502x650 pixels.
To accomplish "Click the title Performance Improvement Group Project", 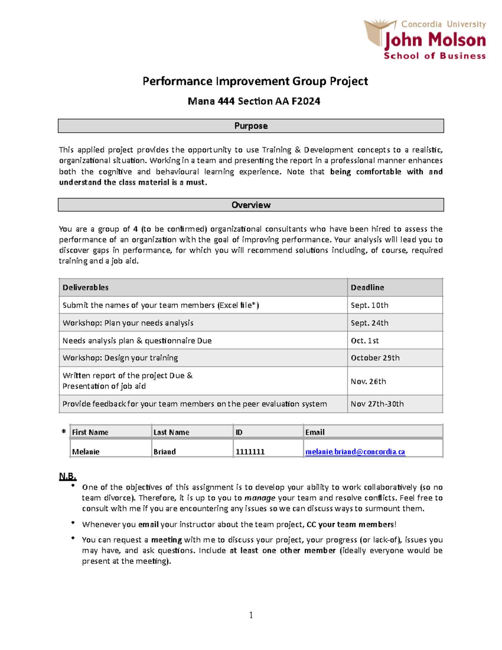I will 255,81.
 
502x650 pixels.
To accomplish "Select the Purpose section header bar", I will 251,126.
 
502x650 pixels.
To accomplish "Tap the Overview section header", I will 251,205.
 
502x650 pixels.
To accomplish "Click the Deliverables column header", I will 85,288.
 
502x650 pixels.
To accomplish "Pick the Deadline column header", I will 367,288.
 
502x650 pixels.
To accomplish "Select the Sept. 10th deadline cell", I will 369,305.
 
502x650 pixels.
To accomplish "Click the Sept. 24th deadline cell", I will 369,323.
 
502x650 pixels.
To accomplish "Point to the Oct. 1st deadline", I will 365,341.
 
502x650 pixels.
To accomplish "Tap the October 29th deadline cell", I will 375,358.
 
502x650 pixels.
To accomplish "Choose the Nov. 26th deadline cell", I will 368,381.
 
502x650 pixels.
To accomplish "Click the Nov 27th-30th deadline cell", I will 377,404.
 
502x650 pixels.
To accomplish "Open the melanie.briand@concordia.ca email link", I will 355,452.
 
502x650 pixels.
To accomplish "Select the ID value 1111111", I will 250,452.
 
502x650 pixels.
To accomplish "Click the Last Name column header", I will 171,432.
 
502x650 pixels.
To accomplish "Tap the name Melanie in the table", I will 86,452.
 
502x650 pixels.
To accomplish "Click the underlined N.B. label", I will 67,476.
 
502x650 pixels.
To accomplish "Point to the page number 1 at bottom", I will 251,615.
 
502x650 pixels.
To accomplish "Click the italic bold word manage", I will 259,498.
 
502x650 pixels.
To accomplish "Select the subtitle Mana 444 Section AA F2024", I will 254,101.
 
